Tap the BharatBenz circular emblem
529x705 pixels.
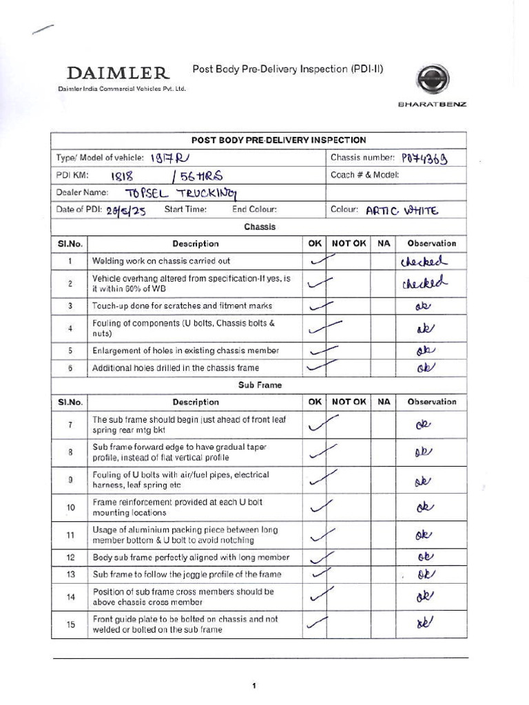(x=435, y=80)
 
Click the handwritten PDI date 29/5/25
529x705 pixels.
(x=126, y=211)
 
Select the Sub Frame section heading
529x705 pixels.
(x=259, y=386)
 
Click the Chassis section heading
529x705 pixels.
(x=259, y=227)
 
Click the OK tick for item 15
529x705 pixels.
(x=317, y=623)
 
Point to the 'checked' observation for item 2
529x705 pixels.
(x=424, y=283)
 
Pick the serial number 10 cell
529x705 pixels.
(x=70, y=507)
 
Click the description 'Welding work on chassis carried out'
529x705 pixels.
(x=161, y=262)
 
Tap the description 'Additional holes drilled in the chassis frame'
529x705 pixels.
(x=176, y=368)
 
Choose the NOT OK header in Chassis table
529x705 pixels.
(x=349, y=243)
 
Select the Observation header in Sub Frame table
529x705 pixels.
(x=431, y=402)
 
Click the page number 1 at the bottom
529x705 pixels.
(x=254, y=686)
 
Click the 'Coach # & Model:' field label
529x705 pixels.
(x=364, y=175)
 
